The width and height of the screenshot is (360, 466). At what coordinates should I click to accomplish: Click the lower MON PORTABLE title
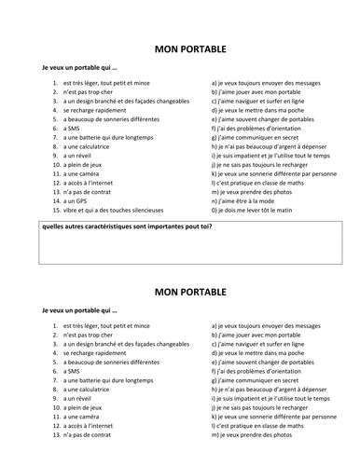[180, 294]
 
